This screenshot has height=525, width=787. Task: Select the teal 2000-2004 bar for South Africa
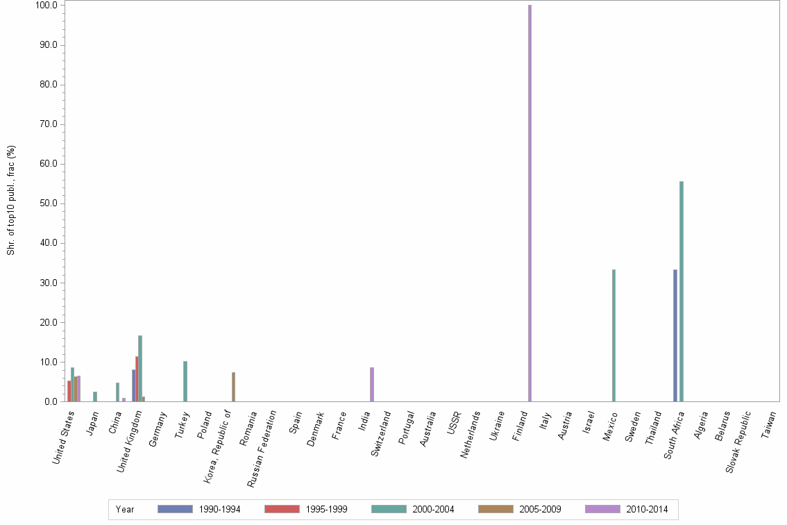(682, 291)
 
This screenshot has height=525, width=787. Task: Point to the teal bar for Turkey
(185, 381)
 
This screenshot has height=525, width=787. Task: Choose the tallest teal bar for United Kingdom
(140, 368)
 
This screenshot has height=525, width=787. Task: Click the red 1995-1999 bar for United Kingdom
(137, 378)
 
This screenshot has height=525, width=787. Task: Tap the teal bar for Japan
(95, 397)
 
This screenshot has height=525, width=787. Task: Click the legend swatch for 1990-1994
(175, 509)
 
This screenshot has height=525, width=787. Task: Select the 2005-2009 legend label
(541, 509)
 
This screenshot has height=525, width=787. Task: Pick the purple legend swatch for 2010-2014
(602, 509)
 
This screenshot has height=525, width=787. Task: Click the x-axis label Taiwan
(768, 424)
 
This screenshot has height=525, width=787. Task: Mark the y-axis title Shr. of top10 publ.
(11, 200)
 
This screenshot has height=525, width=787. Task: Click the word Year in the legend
(125, 509)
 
